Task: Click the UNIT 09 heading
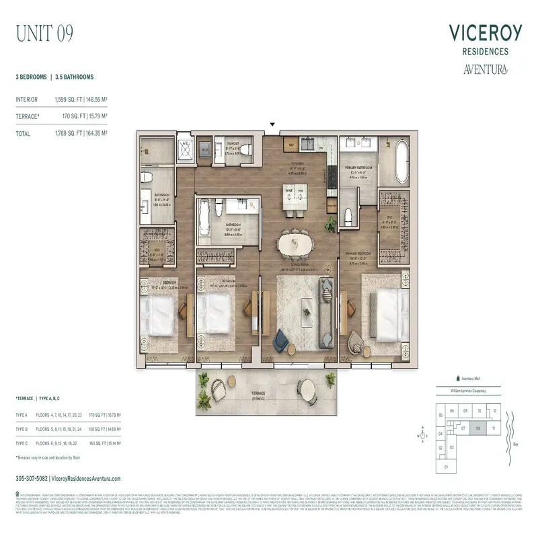[44, 32]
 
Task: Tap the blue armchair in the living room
[279, 341]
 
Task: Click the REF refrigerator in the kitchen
[293, 145]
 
